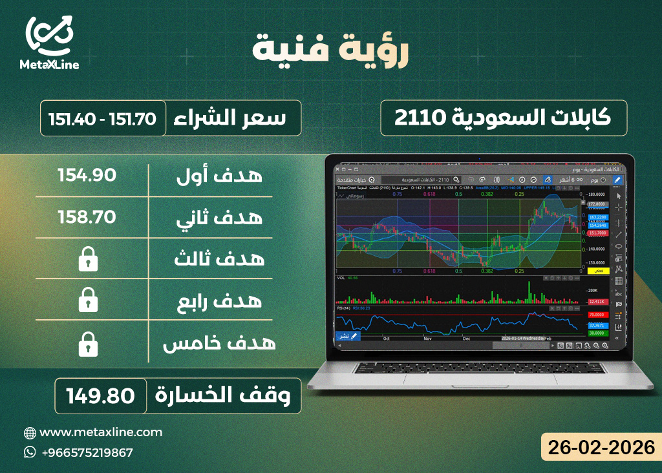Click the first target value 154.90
point(87,175)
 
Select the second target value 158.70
point(87,216)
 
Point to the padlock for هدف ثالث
point(88,259)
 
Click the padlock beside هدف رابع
point(88,301)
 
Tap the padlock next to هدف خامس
point(88,345)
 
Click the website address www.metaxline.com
point(101,432)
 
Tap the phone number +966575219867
point(87,452)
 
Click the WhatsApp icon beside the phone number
point(30,452)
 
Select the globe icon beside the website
point(30,433)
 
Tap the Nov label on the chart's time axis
point(427,338)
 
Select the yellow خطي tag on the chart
point(598,271)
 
